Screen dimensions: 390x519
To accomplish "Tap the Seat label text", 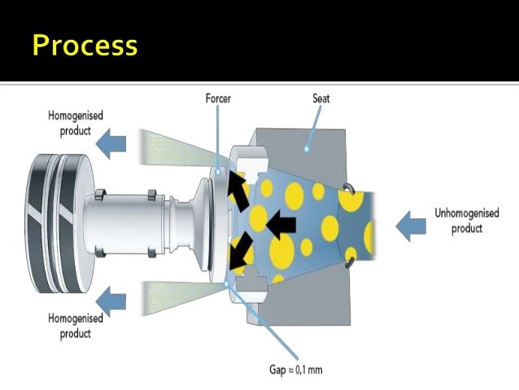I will coord(321,99).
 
